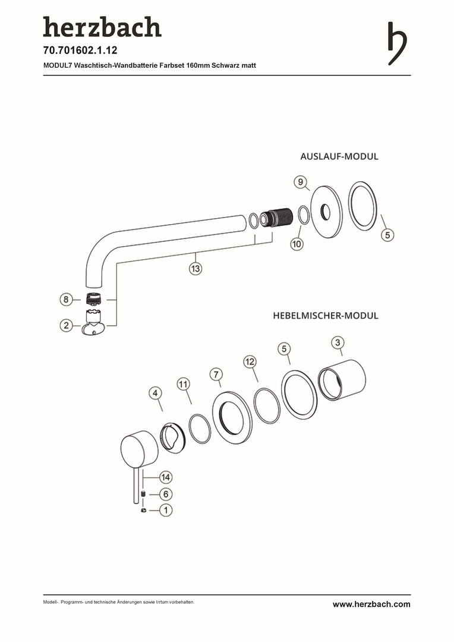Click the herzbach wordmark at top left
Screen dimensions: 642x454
pyautogui.click(x=102, y=27)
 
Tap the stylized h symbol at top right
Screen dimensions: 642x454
pyautogui.click(x=397, y=43)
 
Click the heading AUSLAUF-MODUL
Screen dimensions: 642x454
pyautogui.click(x=339, y=157)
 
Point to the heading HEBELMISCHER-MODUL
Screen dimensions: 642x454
pyautogui.click(x=326, y=316)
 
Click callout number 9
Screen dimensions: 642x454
pyautogui.click(x=301, y=181)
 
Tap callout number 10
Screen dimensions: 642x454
pyautogui.click(x=297, y=243)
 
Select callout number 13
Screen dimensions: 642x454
pyautogui.click(x=196, y=269)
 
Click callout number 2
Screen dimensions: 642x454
pyautogui.click(x=67, y=325)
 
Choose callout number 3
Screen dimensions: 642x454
pyautogui.click(x=337, y=342)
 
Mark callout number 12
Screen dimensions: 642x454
pyautogui.click(x=250, y=361)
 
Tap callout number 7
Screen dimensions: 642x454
pyautogui.click(x=216, y=374)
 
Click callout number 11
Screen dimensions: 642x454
pyautogui.click(x=184, y=385)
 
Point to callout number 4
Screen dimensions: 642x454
pyautogui.click(x=155, y=393)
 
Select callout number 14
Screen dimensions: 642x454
pyautogui.click(x=166, y=477)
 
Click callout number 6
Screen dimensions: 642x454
pyautogui.click(x=166, y=494)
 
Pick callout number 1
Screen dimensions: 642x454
pyautogui.click(x=166, y=510)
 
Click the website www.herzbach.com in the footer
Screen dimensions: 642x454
pyautogui.click(x=371, y=605)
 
